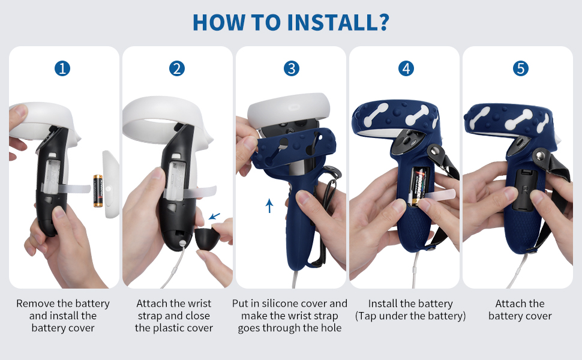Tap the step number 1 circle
(62, 68)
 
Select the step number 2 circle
(177, 68)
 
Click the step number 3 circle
(292, 68)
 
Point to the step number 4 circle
(406, 68)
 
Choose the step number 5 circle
(521, 68)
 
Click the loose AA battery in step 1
(98, 191)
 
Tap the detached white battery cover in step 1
(110, 184)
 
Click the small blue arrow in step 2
(214, 216)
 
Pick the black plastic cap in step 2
(206, 239)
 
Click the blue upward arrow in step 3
(269, 206)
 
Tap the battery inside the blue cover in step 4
(419, 186)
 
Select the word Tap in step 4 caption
(367, 316)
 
